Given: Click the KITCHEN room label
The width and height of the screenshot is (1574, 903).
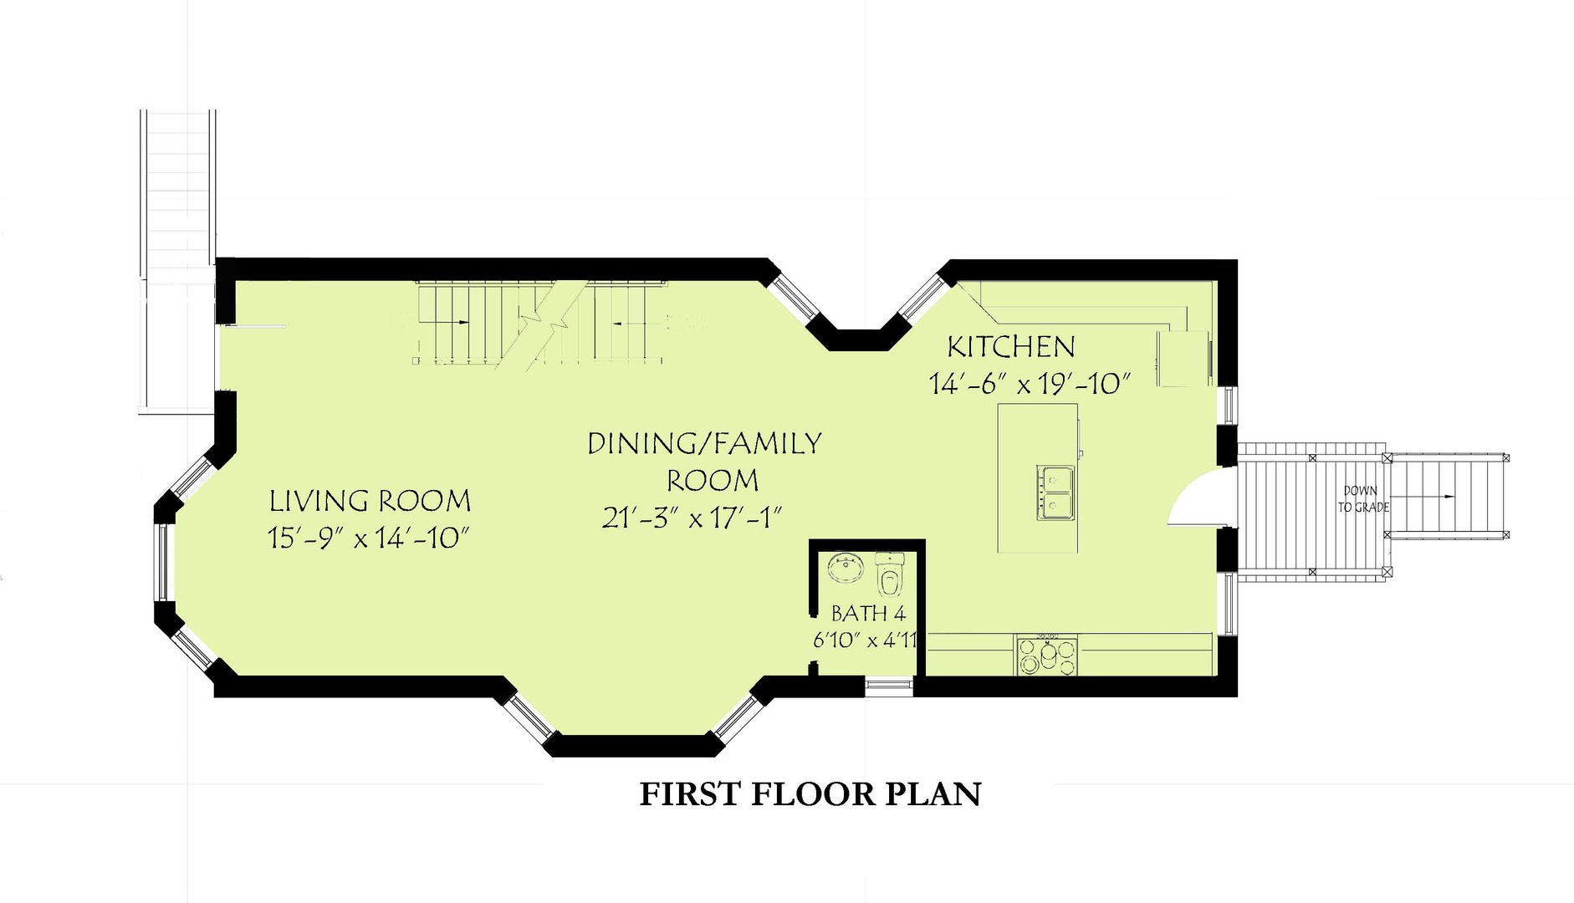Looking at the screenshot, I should pos(1010,347).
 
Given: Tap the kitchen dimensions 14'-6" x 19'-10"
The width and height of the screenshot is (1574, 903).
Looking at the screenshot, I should pos(1030,384).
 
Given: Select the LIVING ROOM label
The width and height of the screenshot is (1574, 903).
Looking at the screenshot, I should pos(370,502).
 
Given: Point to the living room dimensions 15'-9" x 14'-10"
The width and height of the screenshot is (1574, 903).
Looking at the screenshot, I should pos(368,538).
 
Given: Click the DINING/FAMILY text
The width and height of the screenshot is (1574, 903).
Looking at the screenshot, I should pos(704,443).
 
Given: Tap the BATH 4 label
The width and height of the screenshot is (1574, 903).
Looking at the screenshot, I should pos(868,614).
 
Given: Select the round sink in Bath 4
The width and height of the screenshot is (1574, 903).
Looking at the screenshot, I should pos(845,569).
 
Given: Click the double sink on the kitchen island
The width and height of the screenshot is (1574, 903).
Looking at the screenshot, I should pos(1057,492).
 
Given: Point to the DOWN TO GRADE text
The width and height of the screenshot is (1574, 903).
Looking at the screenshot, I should pos(1362,499).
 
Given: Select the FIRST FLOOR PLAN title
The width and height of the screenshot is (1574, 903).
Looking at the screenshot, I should pos(810,793).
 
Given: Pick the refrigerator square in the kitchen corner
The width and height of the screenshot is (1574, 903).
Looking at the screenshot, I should pos(1183,359).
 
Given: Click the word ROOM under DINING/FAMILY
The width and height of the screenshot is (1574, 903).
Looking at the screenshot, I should pos(712,481).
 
